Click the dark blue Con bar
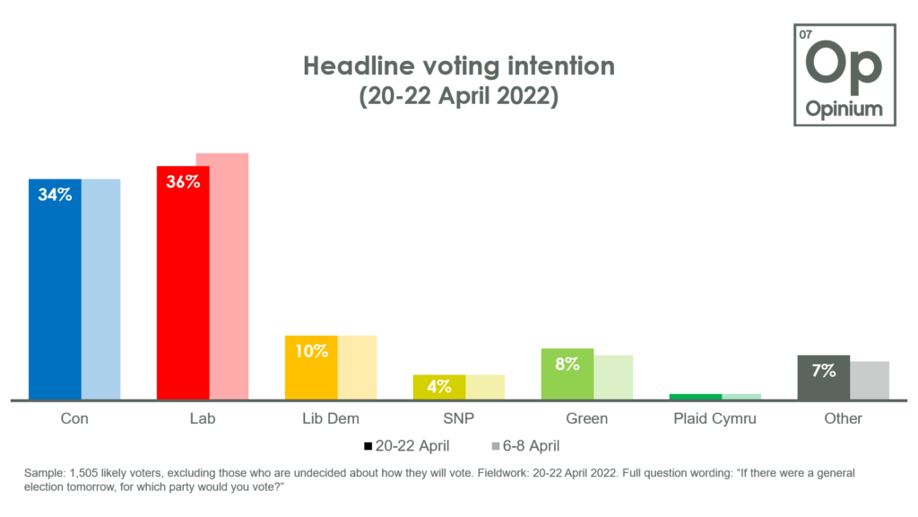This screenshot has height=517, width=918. pos(55,296)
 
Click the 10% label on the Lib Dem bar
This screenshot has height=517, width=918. pos(311,351)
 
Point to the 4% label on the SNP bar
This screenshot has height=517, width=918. pos(438,387)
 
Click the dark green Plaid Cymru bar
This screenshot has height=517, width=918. pos(695,397)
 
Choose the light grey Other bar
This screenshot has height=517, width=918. pos(870,381)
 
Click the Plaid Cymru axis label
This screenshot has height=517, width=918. pos(714,418)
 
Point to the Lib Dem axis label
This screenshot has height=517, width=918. pos(330,418)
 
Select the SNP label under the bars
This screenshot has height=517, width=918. pos(458,418)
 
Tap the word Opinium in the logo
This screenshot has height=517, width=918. pos(843,110)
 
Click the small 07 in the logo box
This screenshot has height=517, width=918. pos(805,35)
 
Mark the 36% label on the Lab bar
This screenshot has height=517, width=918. pos(182,181)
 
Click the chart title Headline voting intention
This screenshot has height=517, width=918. pos(458,66)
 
